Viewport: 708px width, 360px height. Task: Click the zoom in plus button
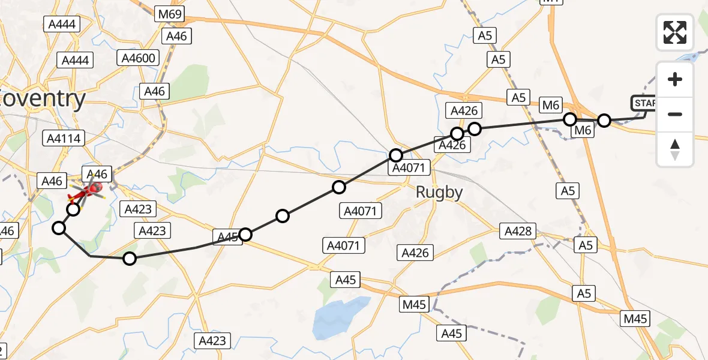point(675,79)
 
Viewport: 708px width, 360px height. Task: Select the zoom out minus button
point(675,114)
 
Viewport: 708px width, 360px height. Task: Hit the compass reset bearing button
point(675,149)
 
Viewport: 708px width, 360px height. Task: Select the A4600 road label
point(139,58)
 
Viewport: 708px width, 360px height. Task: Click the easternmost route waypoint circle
point(604,121)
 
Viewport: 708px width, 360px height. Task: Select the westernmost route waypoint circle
point(59,227)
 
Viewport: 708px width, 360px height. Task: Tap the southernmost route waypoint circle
point(130,259)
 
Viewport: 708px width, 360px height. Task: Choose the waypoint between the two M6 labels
point(570,119)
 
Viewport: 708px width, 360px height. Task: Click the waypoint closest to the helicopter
point(73,209)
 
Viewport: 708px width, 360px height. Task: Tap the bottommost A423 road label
point(212,341)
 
